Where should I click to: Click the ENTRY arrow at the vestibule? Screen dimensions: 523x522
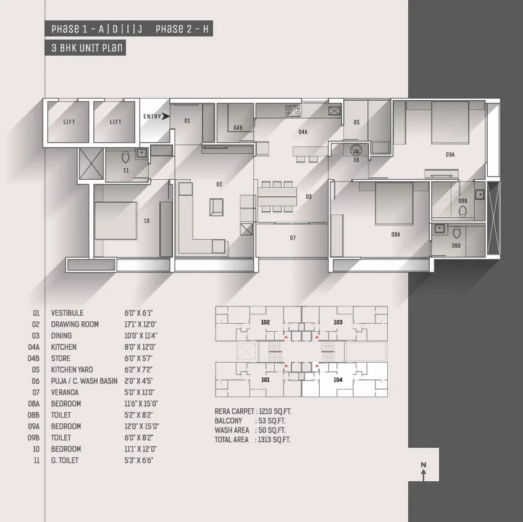[x=165, y=116]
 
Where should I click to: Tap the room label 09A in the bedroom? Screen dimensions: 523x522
[x=450, y=154]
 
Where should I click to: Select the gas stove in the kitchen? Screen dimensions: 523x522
[x=293, y=111]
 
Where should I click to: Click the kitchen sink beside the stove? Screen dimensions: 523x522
[x=335, y=111]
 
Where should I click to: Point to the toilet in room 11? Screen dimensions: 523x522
[x=125, y=156]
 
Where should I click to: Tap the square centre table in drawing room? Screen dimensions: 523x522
[x=217, y=207]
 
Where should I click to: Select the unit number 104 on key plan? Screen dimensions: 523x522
[x=338, y=379]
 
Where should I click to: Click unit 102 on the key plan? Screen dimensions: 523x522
[x=266, y=322]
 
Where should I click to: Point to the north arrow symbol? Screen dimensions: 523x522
[x=424, y=471]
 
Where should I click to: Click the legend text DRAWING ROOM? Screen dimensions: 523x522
[x=75, y=324]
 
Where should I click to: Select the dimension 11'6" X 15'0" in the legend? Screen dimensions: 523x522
[x=141, y=403]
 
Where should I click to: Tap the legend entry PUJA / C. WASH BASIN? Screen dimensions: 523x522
[x=84, y=381]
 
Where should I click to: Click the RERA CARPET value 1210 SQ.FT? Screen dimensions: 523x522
[x=275, y=411]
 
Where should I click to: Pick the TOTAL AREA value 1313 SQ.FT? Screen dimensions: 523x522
[x=274, y=440]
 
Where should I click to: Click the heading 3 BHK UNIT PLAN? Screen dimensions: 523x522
[x=87, y=48]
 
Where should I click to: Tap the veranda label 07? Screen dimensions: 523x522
[x=293, y=238]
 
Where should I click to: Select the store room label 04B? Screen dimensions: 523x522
[x=238, y=128]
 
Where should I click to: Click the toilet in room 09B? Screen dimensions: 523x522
[x=462, y=211]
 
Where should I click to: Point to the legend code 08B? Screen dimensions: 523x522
[x=33, y=415]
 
